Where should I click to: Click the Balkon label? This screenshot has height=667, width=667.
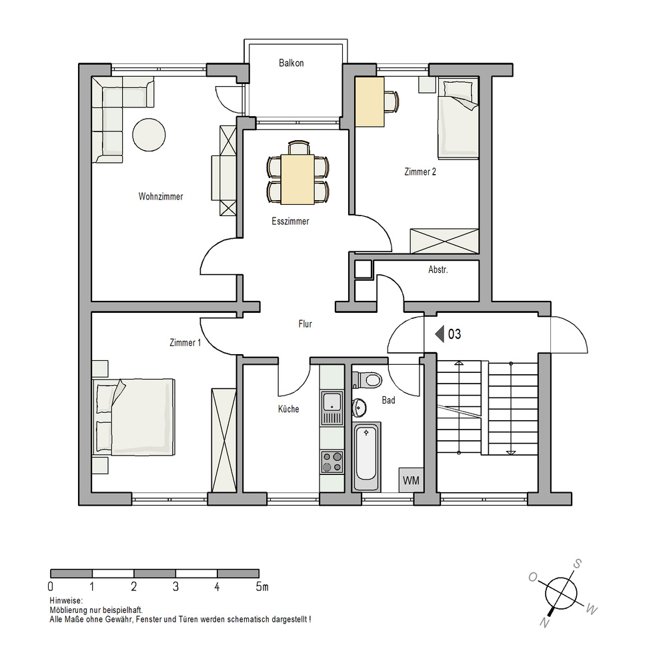click(x=291, y=63)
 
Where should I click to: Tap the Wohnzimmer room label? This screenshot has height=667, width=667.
click(x=160, y=197)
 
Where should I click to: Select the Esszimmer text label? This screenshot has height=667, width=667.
click(x=290, y=221)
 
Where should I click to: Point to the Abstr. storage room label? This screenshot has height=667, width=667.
click(x=438, y=269)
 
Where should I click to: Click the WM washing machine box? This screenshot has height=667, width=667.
click(x=411, y=480)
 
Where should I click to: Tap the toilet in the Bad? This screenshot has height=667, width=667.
click(x=368, y=380)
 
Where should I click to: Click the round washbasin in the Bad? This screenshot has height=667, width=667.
click(x=360, y=408)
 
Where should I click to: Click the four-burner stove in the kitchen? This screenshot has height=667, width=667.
click(x=331, y=462)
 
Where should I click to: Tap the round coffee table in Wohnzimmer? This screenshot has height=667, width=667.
click(x=149, y=135)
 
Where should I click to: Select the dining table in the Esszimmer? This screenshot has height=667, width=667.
click(x=297, y=179)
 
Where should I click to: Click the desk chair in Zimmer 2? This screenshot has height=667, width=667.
click(x=392, y=101)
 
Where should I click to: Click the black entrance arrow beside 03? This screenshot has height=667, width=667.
click(x=440, y=334)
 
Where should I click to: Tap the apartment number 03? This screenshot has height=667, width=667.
click(x=454, y=334)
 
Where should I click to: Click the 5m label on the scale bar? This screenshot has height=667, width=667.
click(x=262, y=586)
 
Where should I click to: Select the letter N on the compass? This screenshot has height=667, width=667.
click(x=544, y=623)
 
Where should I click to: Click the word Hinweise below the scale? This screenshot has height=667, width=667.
click(x=66, y=601)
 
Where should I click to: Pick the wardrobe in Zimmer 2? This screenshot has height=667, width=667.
click(x=444, y=241)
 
